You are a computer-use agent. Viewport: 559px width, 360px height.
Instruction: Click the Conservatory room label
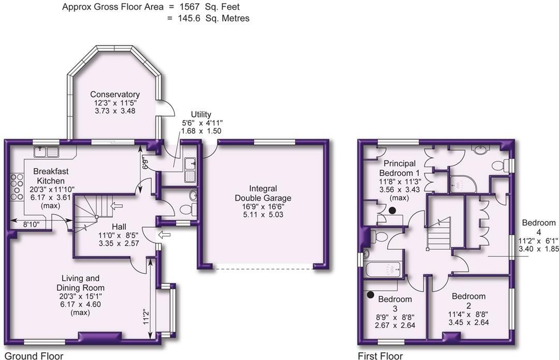click(115, 94)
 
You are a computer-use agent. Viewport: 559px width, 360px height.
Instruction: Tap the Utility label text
click(201, 114)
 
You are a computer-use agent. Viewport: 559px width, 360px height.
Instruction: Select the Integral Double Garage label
click(263, 193)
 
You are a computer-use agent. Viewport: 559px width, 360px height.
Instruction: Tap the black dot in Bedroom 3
click(371, 295)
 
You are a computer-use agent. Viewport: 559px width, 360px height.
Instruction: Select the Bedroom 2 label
click(468, 296)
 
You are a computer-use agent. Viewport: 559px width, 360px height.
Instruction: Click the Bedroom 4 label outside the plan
click(538, 223)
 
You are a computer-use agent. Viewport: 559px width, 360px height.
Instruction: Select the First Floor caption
click(380, 356)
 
